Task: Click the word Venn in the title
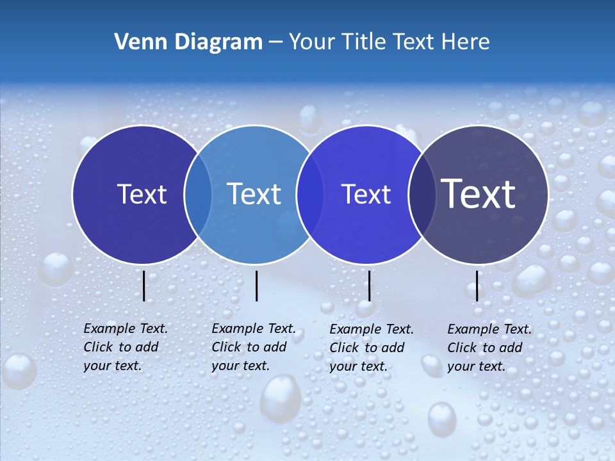pos(138,42)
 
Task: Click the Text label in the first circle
pos(142,194)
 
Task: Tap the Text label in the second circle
pos(254,194)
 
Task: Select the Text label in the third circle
pos(366,194)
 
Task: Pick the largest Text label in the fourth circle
pos(479,194)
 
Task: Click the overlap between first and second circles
pos(198,195)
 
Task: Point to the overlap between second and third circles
pos(310,195)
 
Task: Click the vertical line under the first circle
pos(144,286)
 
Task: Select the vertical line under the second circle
pos(256,286)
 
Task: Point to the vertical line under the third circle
pos(369,286)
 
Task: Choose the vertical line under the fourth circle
pos(477,286)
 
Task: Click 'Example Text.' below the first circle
pos(126,328)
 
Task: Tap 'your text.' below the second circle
pos(240,366)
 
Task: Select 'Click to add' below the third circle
pos(367,348)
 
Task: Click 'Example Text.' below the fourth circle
pos(489,329)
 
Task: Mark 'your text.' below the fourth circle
pos(476,366)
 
